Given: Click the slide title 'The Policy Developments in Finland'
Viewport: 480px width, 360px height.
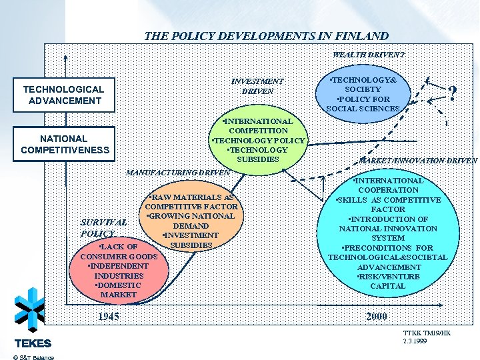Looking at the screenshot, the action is pyautogui.click(x=266, y=36).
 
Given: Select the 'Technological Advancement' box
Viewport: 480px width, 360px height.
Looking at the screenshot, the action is pyautogui.click(x=64, y=95).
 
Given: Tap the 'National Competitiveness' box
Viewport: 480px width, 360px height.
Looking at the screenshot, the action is pyautogui.click(x=64, y=144).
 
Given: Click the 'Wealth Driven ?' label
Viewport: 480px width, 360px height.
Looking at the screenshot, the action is pyautogui.click(x=369, y=54).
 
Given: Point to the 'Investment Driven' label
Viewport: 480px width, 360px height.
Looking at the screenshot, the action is pyautogui.click(x=257, y=86).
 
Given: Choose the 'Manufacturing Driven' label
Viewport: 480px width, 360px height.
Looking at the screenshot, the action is pyautogui.click(x=177, y=173).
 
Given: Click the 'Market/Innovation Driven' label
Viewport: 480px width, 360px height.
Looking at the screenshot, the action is pyautogui.click(x=418, y=161).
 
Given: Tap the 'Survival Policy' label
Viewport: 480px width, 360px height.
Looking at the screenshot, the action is pyautogui.click(x=103, y=228).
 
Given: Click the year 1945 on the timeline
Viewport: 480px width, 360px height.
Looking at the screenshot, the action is pyautogui.click(x=108, y=316).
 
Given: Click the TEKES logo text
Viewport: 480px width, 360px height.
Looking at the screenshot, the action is pyautogui.click(x=33, y=344).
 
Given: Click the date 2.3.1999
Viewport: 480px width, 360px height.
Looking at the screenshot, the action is pyautogui.click(x=415, y=341).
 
